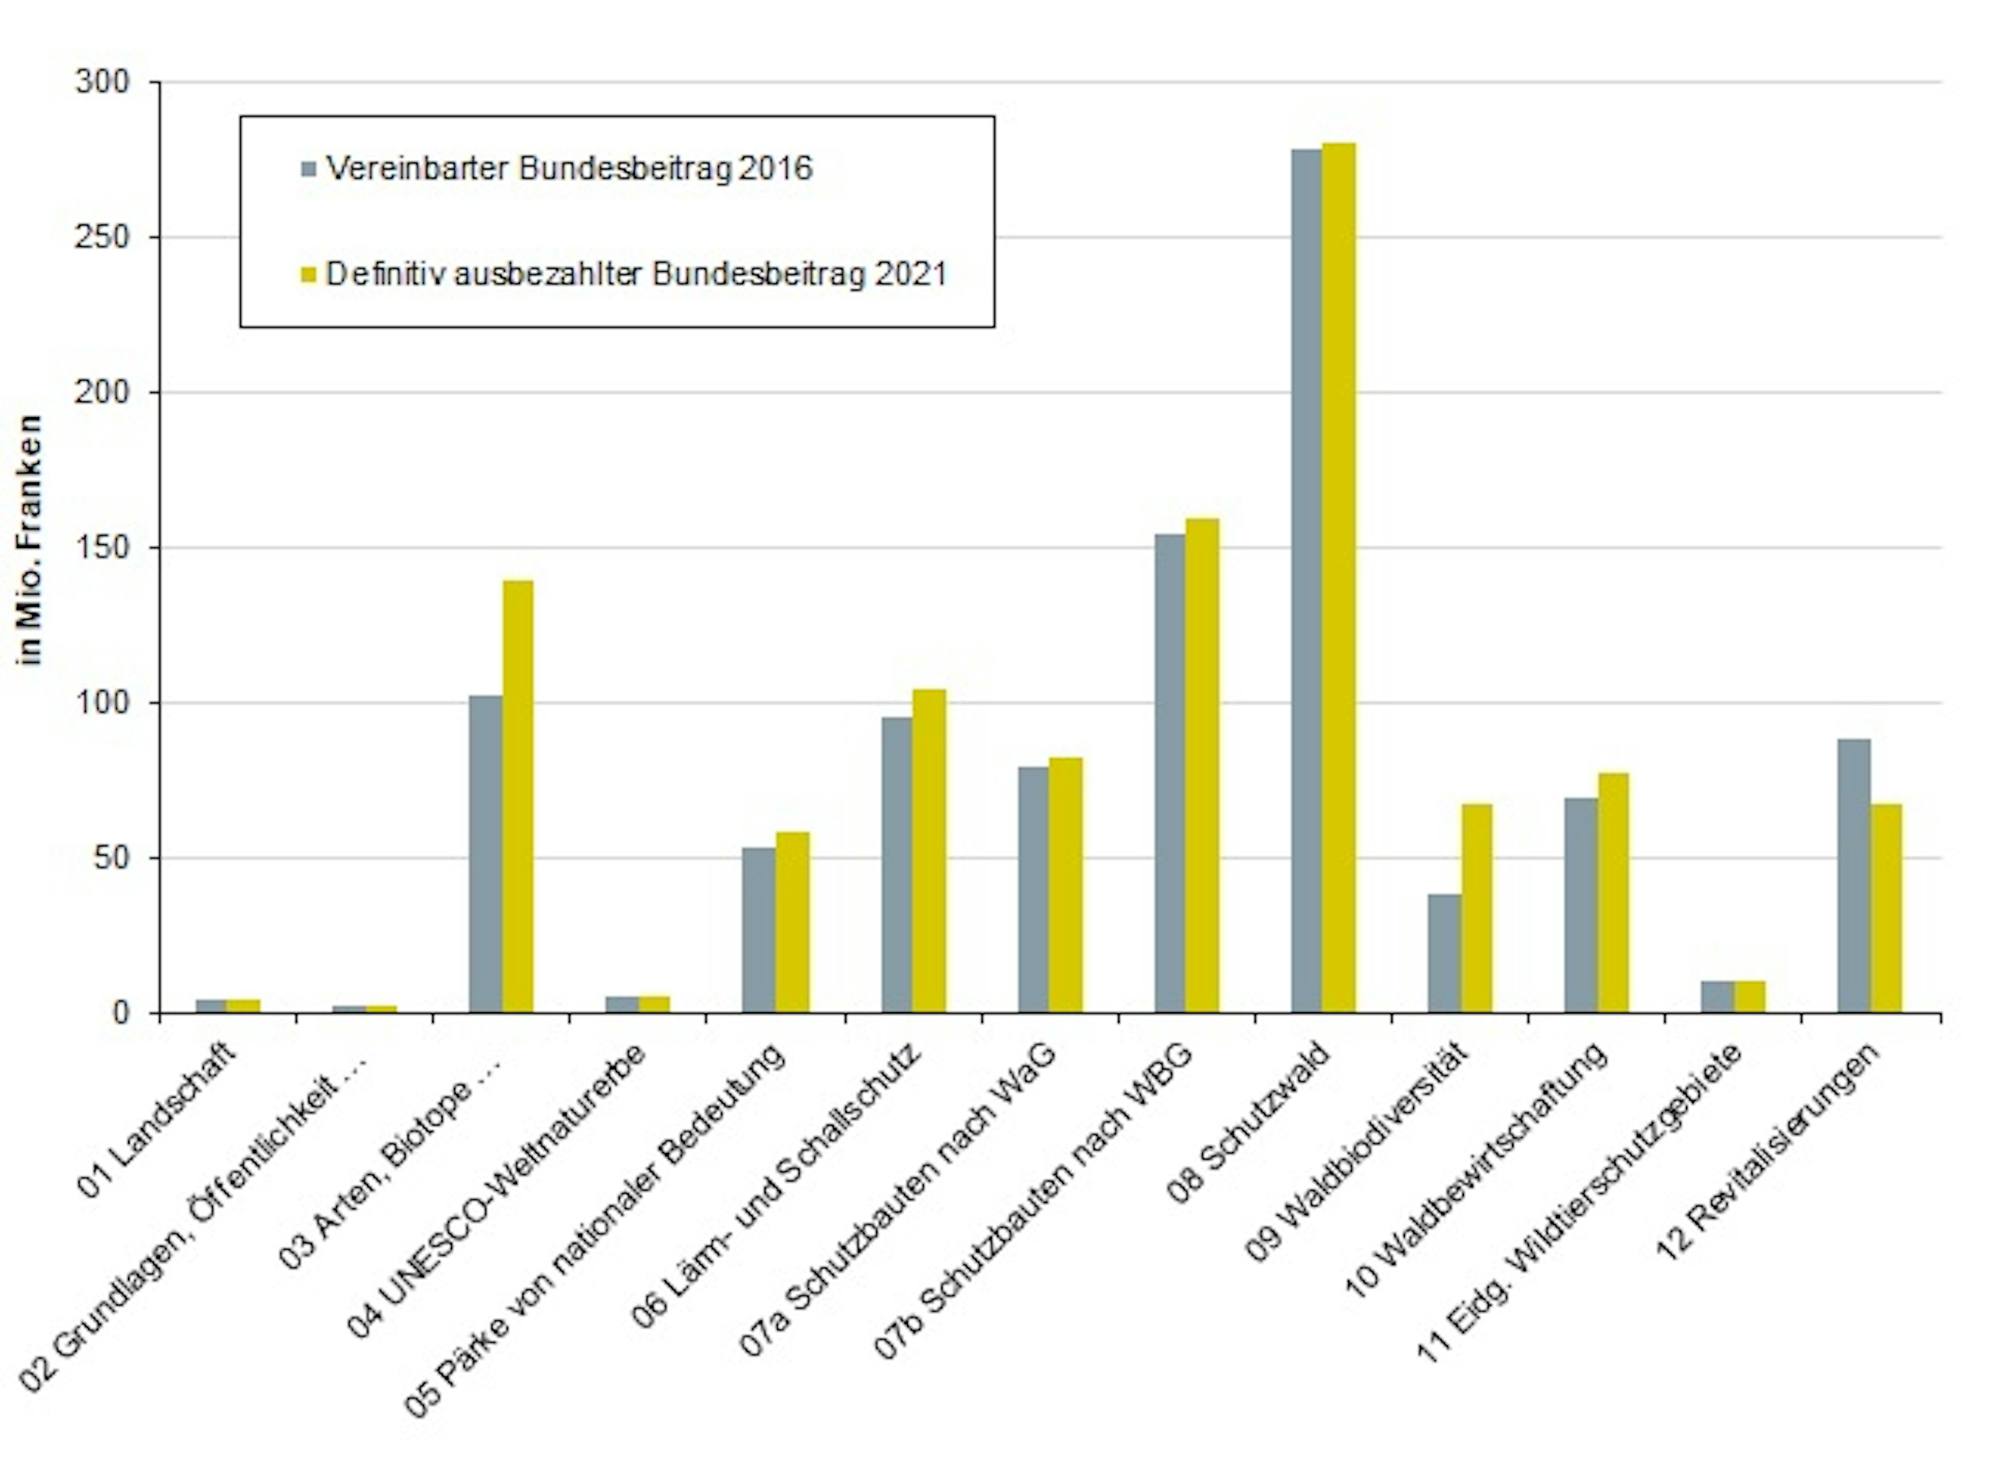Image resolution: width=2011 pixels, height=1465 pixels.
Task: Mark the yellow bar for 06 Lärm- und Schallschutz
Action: (929, 851)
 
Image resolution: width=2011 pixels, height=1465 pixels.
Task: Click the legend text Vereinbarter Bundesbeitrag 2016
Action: (568, 168)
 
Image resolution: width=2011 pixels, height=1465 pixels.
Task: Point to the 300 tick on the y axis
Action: (102, 83)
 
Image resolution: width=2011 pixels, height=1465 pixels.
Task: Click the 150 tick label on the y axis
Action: (102, 548)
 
